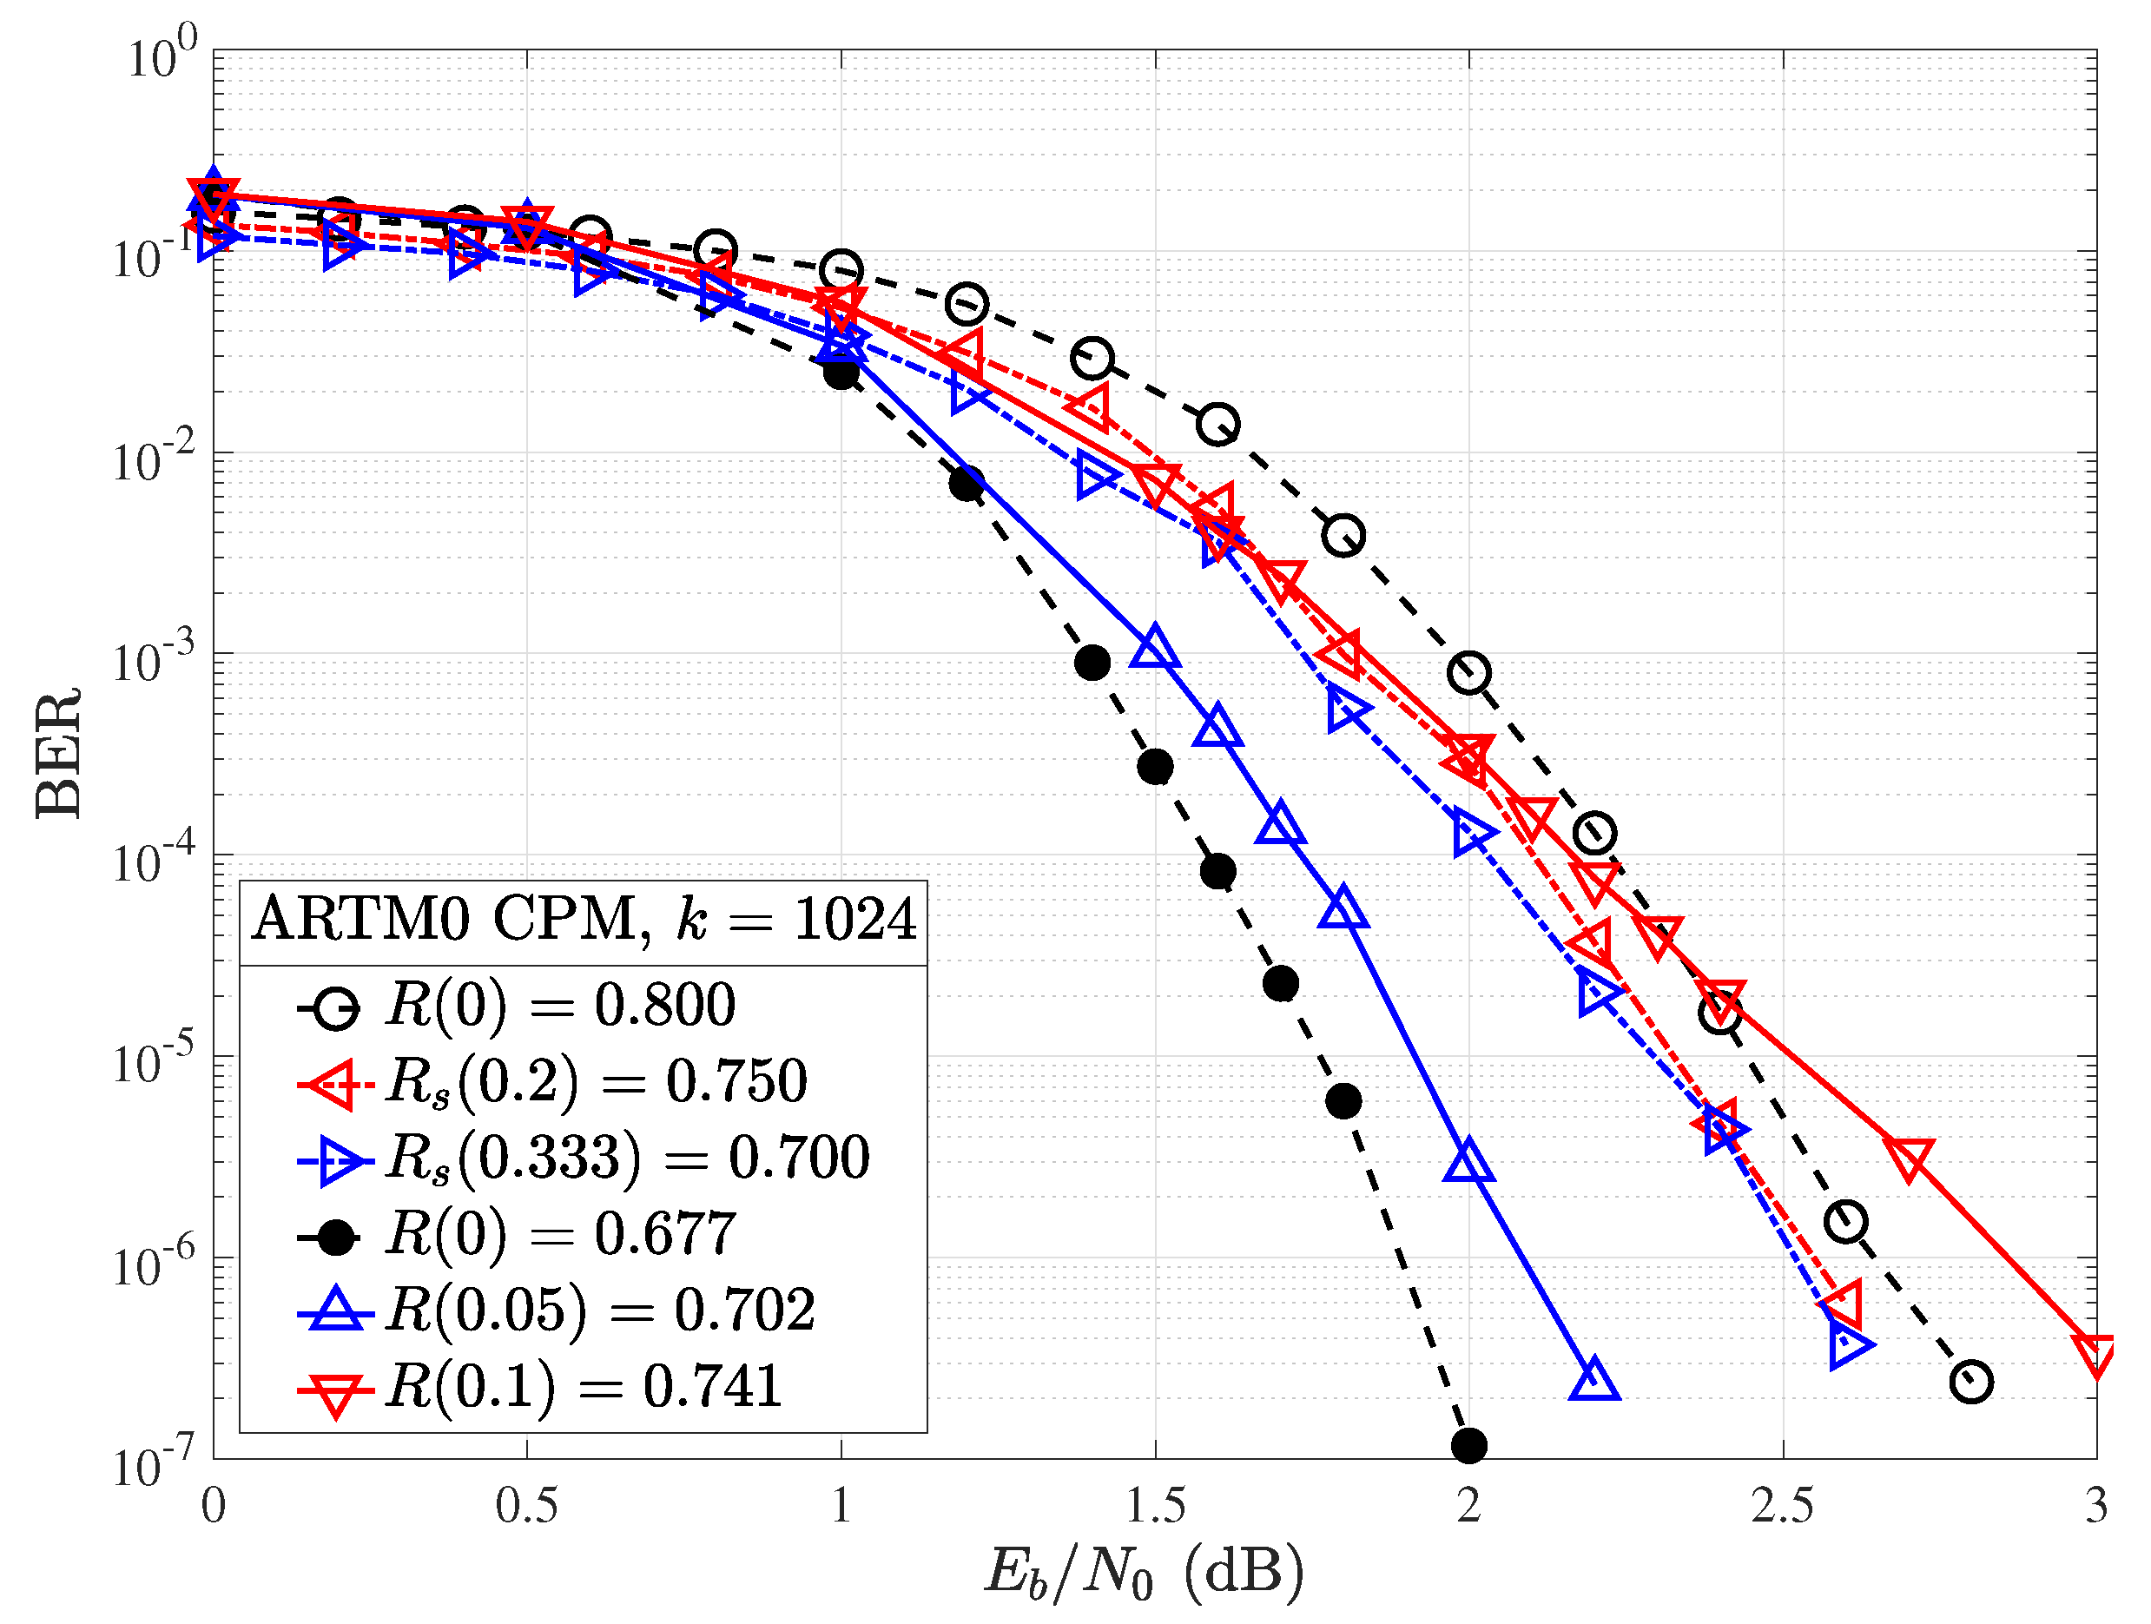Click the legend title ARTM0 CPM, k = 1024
[584, 920]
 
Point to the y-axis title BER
[58, 754]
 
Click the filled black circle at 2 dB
[1469, 1446]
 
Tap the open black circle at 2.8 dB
[1971, 1382]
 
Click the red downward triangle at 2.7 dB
[1909, 1158]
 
